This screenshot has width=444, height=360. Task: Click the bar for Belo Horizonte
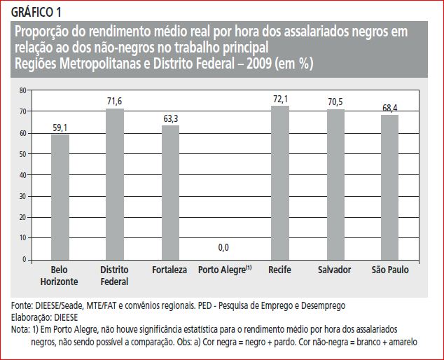[x=60, y=197]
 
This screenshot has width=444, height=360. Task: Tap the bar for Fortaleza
[x=170, y=192]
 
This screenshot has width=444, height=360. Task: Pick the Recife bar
[x=280, y=183]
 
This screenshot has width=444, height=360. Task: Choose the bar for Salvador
[x=335, y=184]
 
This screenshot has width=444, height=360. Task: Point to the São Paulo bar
[x=390, y=187]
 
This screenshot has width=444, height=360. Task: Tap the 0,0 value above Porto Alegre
[x=224, y=247]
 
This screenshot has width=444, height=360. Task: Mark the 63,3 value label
[x=170, y=119]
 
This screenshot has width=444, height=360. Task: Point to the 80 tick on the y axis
[x=22, y=90]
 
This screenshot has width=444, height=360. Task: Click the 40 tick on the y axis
[x=22, y=175]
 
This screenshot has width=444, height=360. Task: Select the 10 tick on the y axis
[x=22, y=239]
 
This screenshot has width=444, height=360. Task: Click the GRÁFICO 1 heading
[x=36, y=12]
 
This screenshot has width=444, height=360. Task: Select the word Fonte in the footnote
[x=22, y=306]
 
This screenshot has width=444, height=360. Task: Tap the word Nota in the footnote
[x=21, y=328]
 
